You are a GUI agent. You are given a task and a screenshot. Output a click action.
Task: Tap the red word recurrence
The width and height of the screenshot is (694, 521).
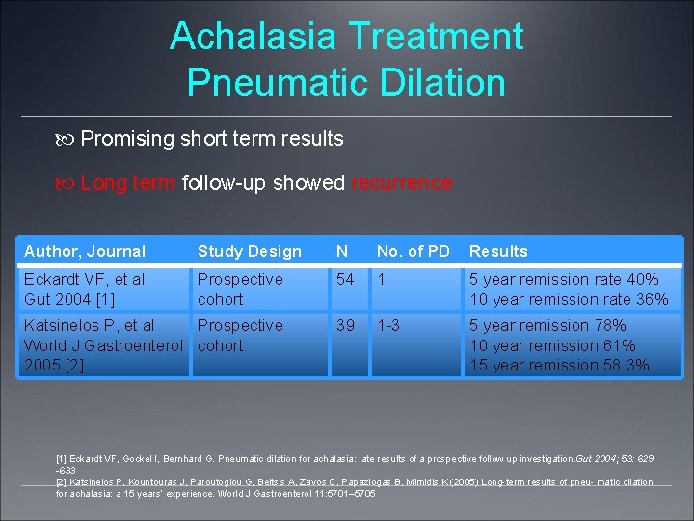[401, 183]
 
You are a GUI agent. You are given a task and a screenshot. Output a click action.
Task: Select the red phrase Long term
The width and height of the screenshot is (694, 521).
[127, 183]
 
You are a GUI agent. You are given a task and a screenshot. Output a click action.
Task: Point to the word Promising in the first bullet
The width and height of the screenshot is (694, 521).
[126, 139]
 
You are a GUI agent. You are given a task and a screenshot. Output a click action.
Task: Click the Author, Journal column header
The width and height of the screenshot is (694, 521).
[85, 251]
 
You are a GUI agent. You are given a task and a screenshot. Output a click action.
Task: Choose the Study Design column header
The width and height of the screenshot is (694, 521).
[249, 251]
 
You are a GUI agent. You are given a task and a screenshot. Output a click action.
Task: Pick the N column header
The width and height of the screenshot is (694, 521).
[342, 251]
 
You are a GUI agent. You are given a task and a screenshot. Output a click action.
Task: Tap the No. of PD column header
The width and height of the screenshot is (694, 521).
[413, 251]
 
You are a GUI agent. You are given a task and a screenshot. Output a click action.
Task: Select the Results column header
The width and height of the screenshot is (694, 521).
[498, 251]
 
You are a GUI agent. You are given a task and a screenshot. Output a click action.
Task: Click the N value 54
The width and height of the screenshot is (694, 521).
[345, 279]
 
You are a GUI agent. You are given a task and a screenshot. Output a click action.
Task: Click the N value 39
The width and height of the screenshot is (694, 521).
[345, 325]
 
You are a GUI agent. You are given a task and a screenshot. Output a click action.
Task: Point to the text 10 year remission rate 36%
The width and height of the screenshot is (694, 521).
[569, 299]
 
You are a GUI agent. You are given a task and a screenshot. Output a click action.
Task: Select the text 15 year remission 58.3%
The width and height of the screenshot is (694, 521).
[559, 365]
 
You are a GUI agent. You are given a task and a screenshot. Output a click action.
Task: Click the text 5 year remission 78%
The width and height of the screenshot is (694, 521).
[547, 325]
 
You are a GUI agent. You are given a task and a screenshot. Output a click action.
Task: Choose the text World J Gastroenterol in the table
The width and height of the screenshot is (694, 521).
[103, 345]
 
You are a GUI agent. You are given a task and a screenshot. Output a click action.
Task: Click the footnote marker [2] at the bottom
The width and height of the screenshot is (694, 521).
[61, 482]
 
